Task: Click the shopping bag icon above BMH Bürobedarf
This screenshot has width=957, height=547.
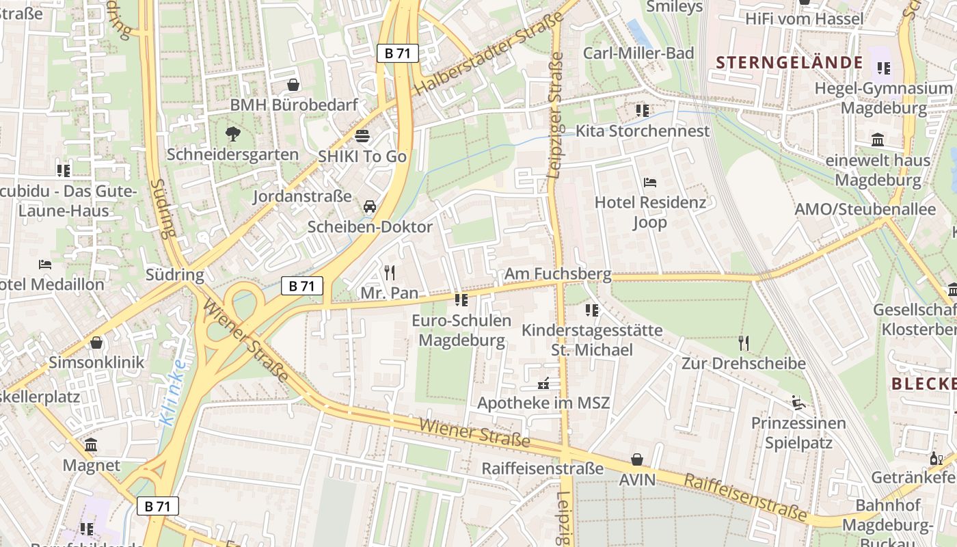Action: tap(293, 85)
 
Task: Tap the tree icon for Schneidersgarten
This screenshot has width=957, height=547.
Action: tap(233, 133)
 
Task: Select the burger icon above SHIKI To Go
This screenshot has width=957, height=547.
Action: tap(362, 135)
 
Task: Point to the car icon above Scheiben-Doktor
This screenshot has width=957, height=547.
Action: tap(370, 206)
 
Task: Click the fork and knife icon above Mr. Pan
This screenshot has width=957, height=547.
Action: tap(390, 273)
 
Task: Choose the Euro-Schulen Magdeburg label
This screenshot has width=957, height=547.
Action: tap(461, 330)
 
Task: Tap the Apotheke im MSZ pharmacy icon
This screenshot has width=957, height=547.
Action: tap(544, 383)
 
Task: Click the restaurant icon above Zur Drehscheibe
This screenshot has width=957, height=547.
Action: tap(744, 343)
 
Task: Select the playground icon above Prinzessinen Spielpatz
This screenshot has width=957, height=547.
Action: tap(798, 402)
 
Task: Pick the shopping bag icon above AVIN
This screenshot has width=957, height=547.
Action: tap(637, 459)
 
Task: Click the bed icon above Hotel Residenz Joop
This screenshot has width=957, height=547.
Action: tap(650, 182)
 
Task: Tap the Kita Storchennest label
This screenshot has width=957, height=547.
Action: tap(643, 131)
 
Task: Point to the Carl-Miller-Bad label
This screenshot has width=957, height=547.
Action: tap(638, 53)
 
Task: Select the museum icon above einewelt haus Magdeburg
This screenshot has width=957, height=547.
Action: tap(878, 140)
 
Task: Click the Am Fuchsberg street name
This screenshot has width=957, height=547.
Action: tap(558, 274)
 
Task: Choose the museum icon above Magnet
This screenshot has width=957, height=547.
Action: tap(91, 445)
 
